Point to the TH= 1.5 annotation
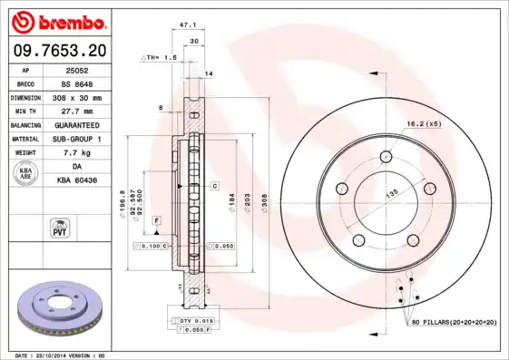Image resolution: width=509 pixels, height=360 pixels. click(158, 57)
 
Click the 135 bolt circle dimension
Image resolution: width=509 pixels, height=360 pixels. click(393, 192)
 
